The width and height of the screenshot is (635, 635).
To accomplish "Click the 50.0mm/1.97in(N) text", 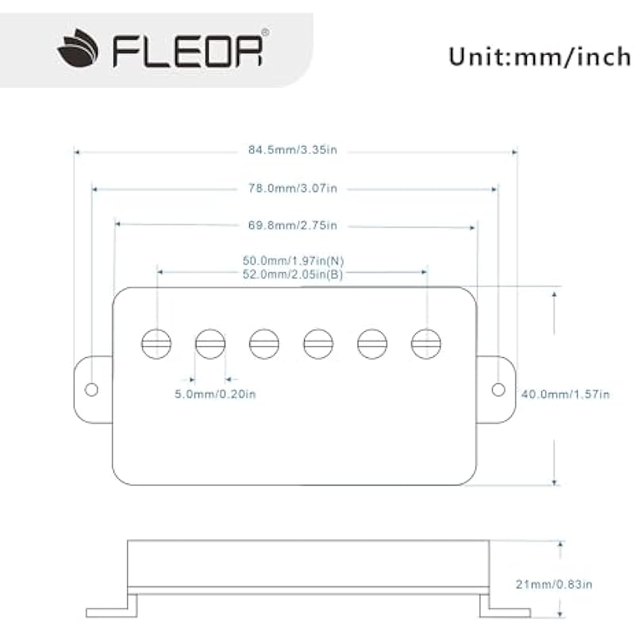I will [293, 260].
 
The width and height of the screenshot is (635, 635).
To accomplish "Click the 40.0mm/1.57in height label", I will [564, 394].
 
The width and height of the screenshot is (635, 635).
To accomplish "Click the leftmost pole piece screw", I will [156, 343].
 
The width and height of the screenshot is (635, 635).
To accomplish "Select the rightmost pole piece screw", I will [426, 343].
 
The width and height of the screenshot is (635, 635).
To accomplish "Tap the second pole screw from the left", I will [210, 343].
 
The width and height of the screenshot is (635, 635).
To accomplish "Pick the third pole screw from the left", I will [264, 343].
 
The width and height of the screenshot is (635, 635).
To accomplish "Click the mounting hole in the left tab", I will [91, 389].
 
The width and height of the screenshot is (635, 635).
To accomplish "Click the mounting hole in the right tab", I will [498, 389].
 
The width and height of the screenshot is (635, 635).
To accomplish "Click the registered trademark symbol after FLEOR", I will [265, 33].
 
